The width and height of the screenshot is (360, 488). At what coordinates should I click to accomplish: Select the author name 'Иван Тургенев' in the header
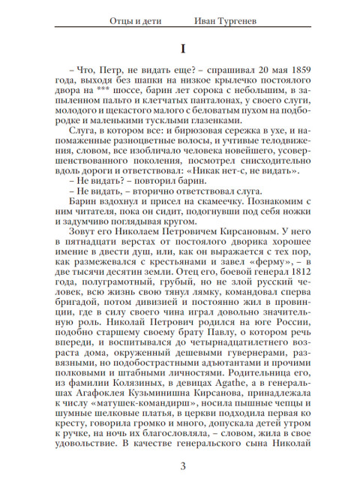tap(226, 20)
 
